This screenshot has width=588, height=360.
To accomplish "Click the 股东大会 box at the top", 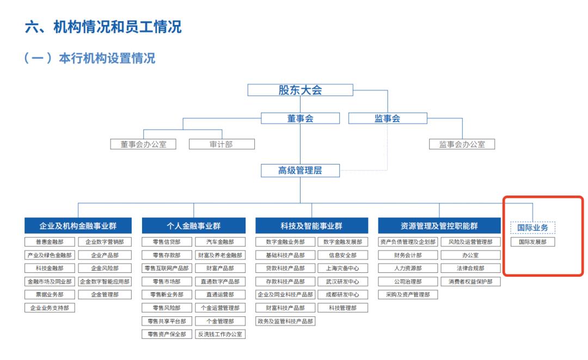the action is tap(300, 90).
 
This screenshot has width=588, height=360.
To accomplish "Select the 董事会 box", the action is tap(300, 118).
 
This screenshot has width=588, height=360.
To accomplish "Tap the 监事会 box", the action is tap(388, 118).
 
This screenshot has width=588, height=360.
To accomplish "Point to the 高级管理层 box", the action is tap(300, 170).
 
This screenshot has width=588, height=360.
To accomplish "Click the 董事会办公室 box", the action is tap(143, 144).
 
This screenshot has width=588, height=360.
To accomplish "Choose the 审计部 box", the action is tap(222, 144).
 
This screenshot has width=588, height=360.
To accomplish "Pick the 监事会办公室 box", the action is tap(462, 144).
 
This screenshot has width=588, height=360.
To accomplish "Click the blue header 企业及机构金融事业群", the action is tap(78, 226).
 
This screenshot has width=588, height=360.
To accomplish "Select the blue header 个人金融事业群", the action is tap(193, 226).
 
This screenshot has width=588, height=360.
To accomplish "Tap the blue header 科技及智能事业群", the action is tap(311, 226).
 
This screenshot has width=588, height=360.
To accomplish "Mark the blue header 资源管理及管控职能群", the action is tap(439, 226).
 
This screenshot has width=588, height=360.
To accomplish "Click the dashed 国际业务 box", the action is tap(532, 228).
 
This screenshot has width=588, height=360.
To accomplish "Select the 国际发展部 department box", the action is tap(532, 242).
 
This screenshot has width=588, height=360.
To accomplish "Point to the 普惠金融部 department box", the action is tap(50, 242).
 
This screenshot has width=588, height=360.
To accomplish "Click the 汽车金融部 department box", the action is tap(220, 242).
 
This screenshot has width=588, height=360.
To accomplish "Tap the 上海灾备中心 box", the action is tap(343, 268).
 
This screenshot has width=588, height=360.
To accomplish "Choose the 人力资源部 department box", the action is tap(408, 268).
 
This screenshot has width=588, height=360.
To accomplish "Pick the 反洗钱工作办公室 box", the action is tap(220, 334).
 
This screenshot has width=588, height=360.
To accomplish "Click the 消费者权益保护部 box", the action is tap(470, 282).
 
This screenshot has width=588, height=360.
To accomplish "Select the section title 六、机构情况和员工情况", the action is tap(103, 27).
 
